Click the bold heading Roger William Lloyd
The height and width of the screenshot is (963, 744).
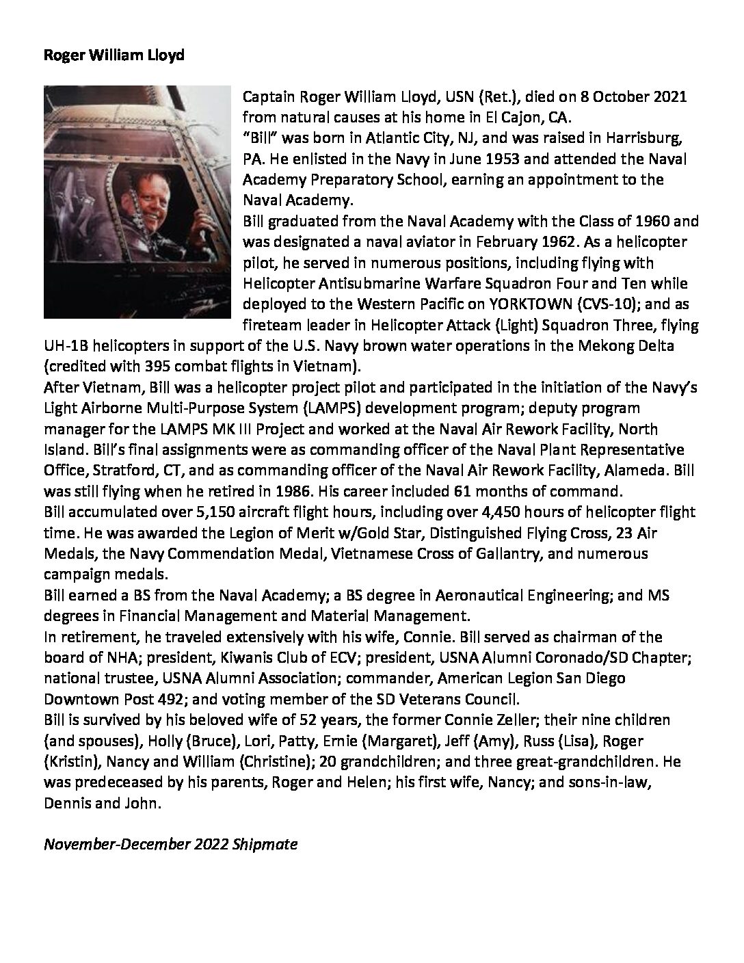[114, 55]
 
